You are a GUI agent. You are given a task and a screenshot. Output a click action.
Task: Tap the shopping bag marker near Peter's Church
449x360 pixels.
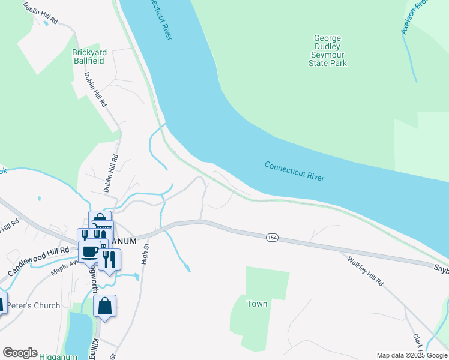pyautogui.click(x=105, y=306)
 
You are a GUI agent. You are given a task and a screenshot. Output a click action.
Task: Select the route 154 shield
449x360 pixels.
pyautogui.click(x=273, y=238)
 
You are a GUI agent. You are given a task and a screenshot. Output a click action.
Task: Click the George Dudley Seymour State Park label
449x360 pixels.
pyautogui.click(x=328, y=50)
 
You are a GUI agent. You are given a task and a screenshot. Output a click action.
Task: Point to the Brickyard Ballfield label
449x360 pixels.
pyautogui.click(x=88, y=56)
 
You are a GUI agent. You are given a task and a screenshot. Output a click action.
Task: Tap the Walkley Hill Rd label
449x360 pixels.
pyautogui.click(x=364, y=270)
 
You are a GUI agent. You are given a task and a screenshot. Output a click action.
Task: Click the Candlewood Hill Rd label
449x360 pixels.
pyautogui.click(x=38, y=260)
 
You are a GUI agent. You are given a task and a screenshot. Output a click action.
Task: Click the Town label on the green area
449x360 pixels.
pyautogui.click(x=257, y=304)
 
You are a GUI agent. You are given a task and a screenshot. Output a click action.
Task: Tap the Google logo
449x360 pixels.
pyautogui.click(x=20, y=353)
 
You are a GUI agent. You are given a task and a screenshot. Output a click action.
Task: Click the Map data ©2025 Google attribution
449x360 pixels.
pyautogui.click(x=412, y=355)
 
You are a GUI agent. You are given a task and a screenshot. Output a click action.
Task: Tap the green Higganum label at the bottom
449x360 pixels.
pyautogui.click(x=59, y=356)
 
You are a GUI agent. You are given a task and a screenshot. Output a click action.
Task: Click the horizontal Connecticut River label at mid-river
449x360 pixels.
pyautogui.click(x=294, y=171)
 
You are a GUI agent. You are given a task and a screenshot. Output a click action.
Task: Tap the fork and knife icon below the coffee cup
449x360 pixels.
pyautogui.click(x=109, y=259)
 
